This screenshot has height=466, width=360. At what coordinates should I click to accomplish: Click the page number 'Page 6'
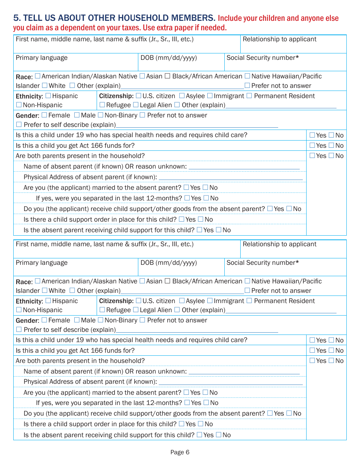[x=180, y=452]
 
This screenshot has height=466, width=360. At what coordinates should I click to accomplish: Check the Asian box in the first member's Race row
[x=142, y=76]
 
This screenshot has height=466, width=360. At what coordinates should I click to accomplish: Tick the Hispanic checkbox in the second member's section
[x=48, y=301]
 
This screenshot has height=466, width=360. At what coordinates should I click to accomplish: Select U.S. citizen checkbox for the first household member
[x=139, y=96]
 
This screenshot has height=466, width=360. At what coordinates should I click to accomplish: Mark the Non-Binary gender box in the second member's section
[x=101, y=320]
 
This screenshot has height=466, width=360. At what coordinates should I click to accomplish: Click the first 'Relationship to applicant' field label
[x=279, y=39]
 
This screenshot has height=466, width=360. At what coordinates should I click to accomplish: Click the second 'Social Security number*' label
[x=263, y=263]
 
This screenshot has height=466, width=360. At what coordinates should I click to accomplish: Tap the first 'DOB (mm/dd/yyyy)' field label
[x=169, y=58]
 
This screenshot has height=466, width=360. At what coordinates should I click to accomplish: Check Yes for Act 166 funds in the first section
[x=312, y=145]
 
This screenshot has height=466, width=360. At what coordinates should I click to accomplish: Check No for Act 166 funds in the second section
[x=332, y=350]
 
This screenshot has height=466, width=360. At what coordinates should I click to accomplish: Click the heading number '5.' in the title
[x=17, y=18]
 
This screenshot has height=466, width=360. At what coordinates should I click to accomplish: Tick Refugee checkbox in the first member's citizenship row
[x=102, y=105]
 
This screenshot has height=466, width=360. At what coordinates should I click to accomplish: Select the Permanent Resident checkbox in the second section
[x=249, y=301]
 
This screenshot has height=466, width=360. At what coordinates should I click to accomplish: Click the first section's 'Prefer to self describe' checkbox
[x=19, y=125]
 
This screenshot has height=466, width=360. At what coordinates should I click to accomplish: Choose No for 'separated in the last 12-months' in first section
[x=206, y=198]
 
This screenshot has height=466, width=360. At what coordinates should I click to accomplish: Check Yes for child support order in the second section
[x=182, y=424]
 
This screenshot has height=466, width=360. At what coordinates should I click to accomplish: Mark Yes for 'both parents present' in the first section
[x=312, y=156]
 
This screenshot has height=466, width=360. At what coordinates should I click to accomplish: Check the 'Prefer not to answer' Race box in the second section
[x=247, y=291]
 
